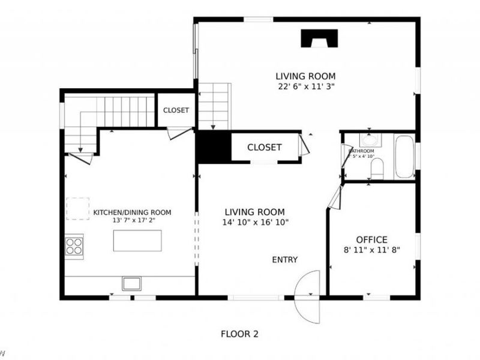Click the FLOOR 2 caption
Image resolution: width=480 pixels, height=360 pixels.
click(240, 334)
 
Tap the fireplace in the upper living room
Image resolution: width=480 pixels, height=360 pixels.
click(319, 39)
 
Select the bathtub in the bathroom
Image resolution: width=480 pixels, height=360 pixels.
click(404, 157)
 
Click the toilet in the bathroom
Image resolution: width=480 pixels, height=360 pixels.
click(377, 170)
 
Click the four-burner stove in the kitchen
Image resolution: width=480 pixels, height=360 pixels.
click(74, 246)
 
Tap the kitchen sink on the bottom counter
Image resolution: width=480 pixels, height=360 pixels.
click(131, 283)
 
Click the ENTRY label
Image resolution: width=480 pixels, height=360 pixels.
click(285, 260)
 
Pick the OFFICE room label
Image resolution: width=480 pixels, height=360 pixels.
click(371, 239)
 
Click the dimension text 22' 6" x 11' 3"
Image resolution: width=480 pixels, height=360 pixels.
click(305, 86)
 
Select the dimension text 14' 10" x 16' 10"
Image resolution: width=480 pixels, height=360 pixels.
click(255, 222)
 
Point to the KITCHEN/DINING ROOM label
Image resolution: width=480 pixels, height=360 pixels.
click(132, 212)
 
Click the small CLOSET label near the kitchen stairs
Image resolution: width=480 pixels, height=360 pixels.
click(176, 110)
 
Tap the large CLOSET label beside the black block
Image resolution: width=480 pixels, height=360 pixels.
click(264, 148)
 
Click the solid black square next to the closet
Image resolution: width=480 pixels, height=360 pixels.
click(214, 147)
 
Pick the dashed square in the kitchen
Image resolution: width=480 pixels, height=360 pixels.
click(77, 209)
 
